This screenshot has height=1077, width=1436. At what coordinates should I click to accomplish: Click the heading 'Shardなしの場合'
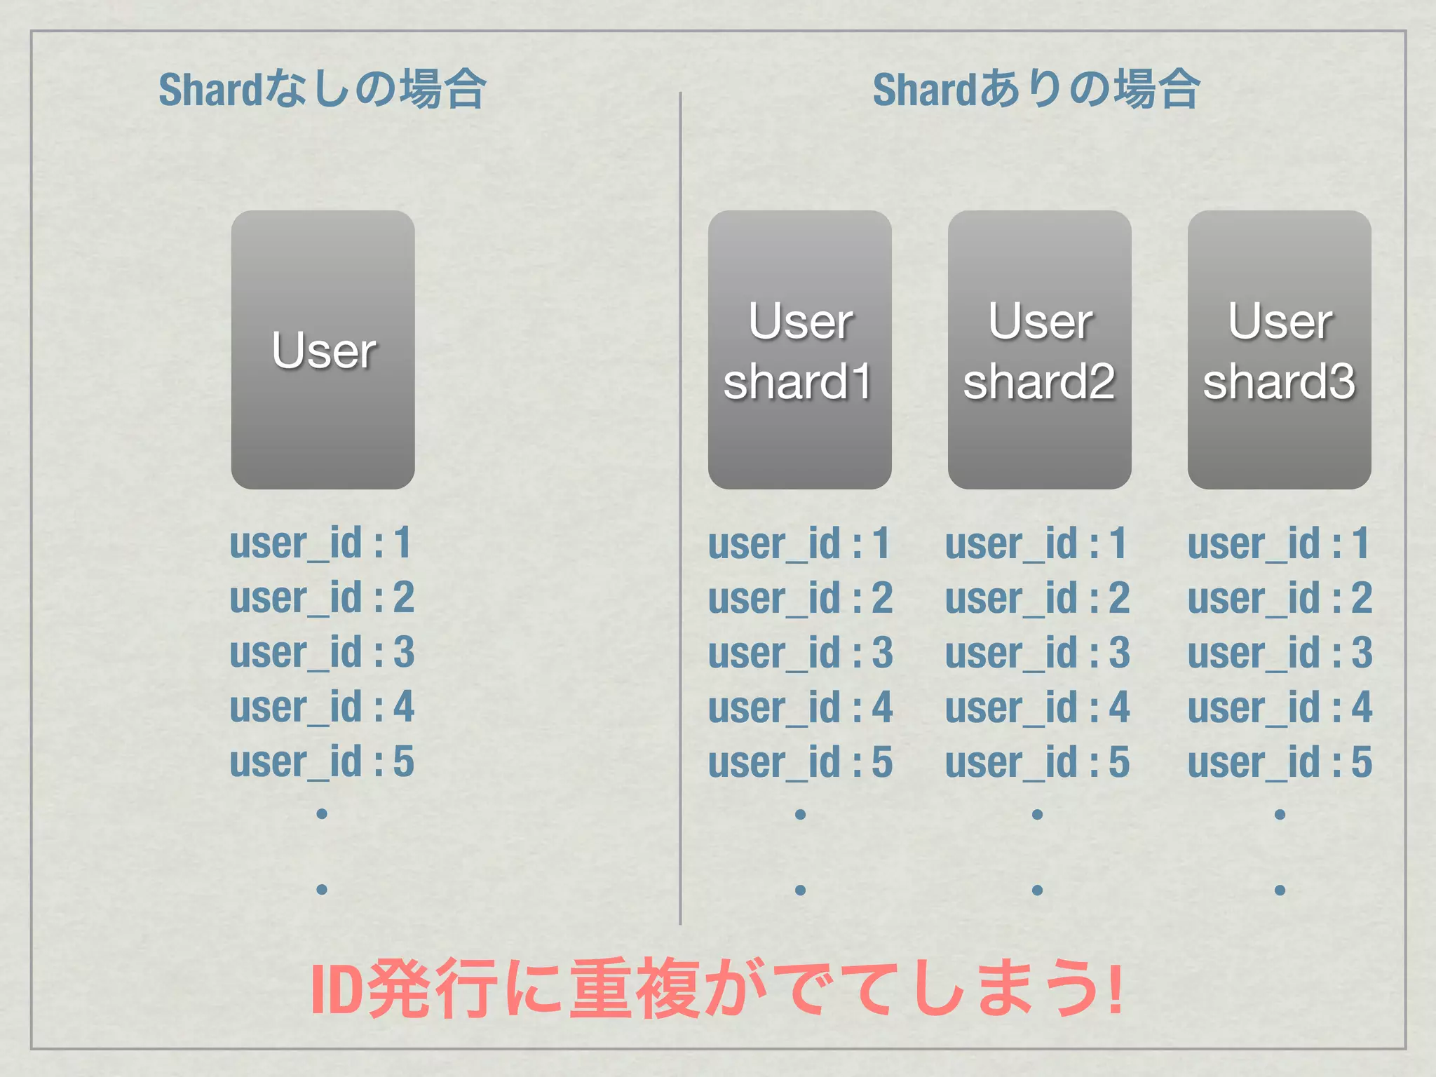322,90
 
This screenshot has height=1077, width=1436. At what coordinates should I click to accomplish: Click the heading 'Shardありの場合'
1036,90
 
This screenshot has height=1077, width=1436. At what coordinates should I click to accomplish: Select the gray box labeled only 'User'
323,350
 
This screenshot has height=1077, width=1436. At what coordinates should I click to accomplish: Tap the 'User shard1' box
800,350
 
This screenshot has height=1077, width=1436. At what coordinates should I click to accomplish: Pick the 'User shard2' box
1040,350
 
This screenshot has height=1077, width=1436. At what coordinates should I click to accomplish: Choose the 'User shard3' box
1280,350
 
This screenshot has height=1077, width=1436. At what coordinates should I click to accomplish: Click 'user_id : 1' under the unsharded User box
322,543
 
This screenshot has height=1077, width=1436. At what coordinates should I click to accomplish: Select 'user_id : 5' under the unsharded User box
322,761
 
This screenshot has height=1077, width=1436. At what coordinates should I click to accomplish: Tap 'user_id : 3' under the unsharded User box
322,652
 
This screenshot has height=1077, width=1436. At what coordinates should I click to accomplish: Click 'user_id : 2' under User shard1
800,598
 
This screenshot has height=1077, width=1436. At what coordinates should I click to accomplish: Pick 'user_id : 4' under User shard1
800,707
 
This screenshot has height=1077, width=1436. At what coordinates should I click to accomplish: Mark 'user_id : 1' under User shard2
1037,543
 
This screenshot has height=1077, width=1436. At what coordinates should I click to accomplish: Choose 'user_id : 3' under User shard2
1037,653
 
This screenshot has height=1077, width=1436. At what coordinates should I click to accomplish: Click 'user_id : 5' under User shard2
1037,762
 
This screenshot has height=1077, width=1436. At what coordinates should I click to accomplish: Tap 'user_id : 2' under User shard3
1280,598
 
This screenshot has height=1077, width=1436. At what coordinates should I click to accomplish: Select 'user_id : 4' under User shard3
1280,707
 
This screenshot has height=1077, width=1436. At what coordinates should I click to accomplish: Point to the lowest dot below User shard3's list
1280,890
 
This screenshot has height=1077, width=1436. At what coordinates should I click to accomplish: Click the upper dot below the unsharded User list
322,813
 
